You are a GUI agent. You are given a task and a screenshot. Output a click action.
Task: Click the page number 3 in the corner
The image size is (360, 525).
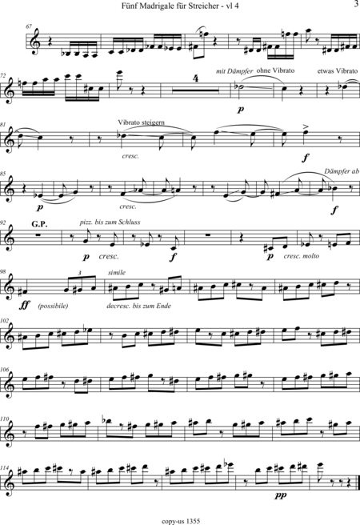coord(356,4)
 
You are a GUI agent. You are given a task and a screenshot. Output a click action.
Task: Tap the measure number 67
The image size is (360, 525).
coord(29,26)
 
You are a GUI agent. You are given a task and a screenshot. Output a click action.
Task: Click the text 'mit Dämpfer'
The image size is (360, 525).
coord(234,71)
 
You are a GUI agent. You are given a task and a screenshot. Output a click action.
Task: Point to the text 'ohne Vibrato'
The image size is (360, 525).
coord(275,70)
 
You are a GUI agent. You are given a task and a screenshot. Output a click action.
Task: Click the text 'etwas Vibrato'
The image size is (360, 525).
coord(338,71)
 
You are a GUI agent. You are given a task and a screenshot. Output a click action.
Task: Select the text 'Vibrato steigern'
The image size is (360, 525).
coord(141,122)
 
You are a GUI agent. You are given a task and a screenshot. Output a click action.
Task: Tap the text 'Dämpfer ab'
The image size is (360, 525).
coord(342,171)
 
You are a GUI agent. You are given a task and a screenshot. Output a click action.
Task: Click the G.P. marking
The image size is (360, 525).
coord(39,224)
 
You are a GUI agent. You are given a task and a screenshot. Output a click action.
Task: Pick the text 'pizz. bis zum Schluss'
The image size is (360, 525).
coord(110,222)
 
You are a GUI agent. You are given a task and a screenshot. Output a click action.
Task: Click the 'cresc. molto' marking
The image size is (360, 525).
coord(301,256)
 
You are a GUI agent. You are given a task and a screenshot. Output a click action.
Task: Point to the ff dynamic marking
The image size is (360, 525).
coord(26,305)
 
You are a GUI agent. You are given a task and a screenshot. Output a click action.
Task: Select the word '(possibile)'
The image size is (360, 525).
coord(53,306)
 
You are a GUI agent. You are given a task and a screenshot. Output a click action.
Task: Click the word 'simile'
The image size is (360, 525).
coord(117,273)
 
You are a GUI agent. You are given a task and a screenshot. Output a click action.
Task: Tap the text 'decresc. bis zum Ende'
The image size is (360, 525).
coord(139,306)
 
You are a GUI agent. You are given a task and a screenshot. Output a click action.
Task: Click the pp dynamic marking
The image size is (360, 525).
coord(280,495)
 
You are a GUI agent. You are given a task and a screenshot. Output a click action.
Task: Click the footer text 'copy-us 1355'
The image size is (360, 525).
coord(181,521)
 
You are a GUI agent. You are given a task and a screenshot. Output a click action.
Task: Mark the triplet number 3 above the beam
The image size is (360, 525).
coord(79,273)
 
